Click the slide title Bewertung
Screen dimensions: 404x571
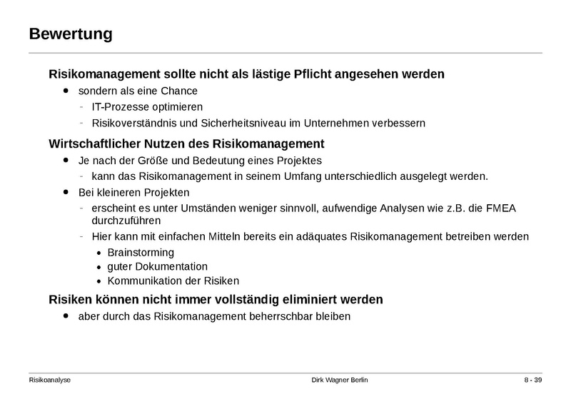[71, 34]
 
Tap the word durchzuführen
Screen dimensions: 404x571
[126, 221]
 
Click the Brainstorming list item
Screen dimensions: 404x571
[141, 252]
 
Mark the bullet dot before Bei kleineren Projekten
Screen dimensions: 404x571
[67, 192]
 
